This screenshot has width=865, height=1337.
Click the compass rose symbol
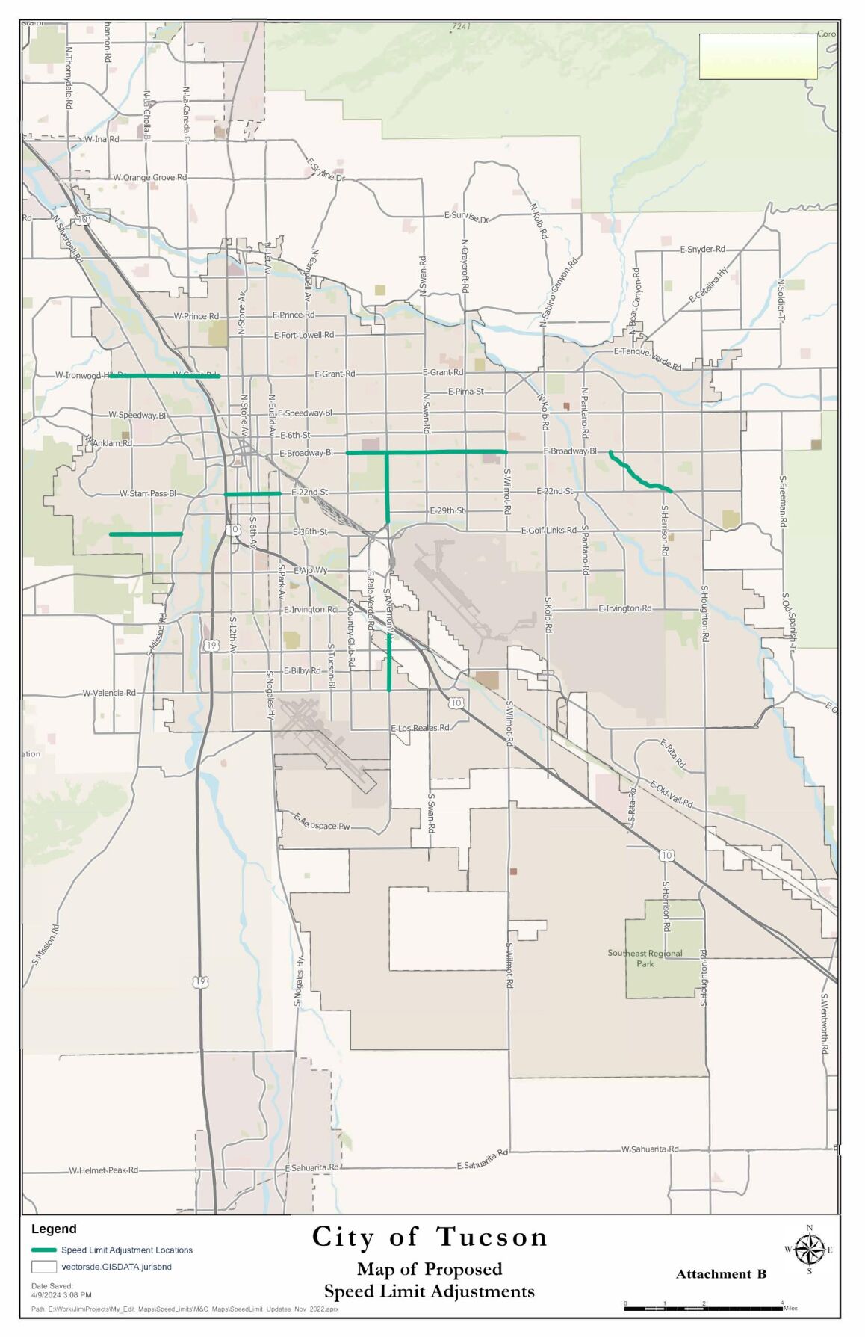coord(809,1249)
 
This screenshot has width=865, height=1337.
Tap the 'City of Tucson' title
coord(430,1237)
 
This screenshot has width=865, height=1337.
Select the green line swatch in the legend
coord(44,1250)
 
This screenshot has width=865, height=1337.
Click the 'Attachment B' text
coord(721,1274)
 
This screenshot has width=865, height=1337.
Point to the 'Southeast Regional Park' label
coord(645,958)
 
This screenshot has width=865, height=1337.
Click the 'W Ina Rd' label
coord(101,139)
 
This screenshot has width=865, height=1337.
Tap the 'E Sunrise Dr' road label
coord(465,217)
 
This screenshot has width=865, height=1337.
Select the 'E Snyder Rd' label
coord(702,249)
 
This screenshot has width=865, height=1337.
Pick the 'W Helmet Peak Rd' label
coord(103,1170)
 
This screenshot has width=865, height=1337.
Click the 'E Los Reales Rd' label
coord(420,727)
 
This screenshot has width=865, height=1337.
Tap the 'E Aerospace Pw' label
coord(321,822)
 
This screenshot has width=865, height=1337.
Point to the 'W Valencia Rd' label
coord(109,693)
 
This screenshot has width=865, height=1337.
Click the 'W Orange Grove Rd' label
coord(149,177)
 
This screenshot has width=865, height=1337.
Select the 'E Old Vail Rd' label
coord(671,794)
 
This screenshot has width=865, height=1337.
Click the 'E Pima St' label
coord(465,391)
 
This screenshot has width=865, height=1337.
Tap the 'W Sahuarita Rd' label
coord(650,1149)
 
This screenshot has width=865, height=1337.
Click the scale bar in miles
coord(702,1309)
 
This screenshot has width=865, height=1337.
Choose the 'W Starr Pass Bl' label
coord(147,493)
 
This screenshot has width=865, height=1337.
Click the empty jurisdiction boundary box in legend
coord(44,1267)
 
